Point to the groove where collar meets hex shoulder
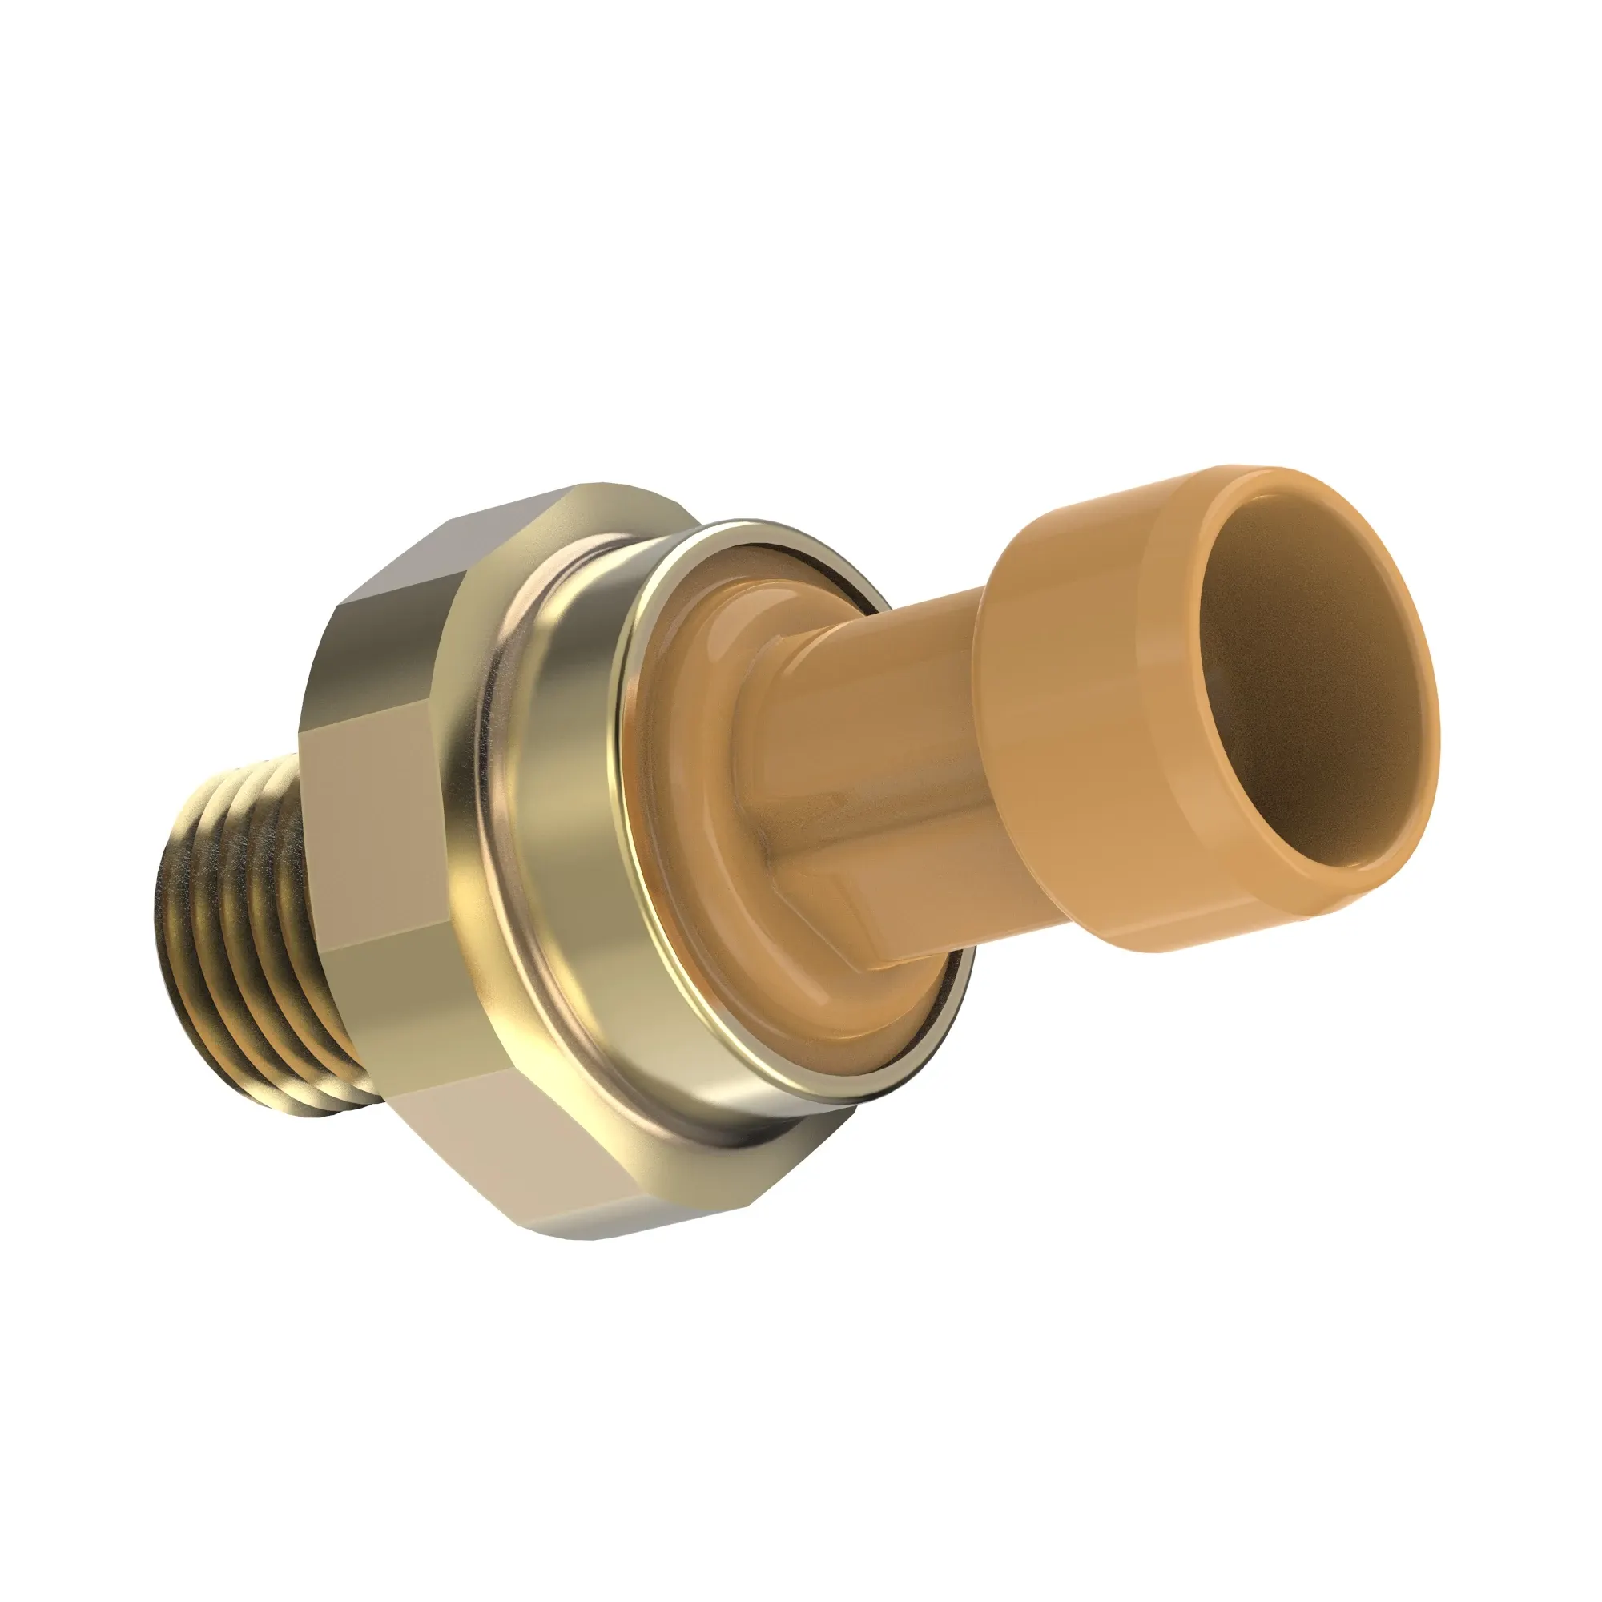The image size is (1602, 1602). pyautogui.click(x=465, y=829)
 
